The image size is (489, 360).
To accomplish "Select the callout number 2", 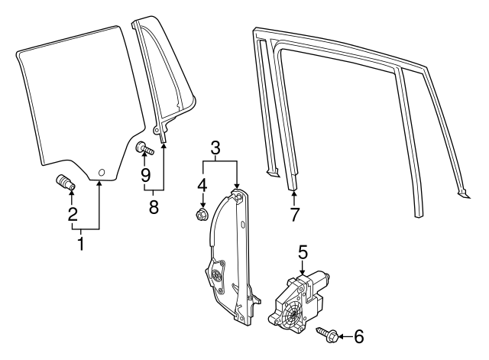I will click(x=73, y=215).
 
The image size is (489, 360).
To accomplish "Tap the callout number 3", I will click(x=216, y=146).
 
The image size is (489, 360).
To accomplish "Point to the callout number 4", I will click(x=202, y=186).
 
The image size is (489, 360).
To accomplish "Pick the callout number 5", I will click(x=303, y=250).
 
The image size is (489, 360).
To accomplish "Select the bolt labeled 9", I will click(x=144, y=148).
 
